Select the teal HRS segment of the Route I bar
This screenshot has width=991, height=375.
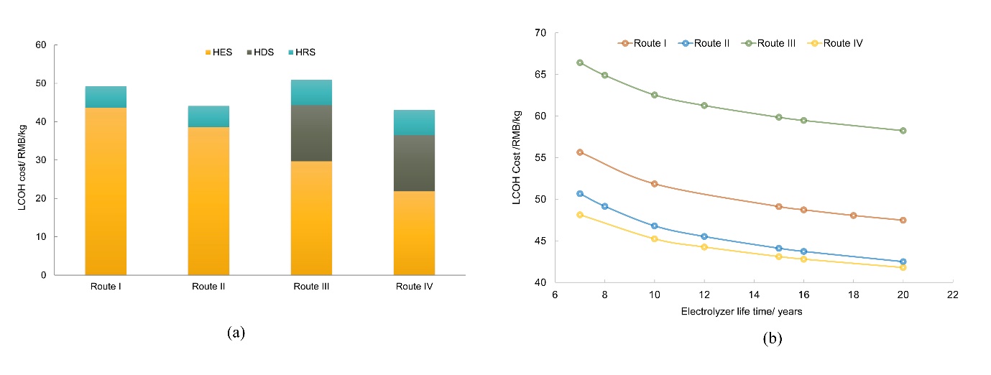[x=106, y=97]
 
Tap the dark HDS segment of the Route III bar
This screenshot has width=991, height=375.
[x=311, y=133]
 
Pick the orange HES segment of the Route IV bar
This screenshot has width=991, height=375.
[x=414, y=233]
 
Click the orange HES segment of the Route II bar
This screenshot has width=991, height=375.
[x=208, y=201]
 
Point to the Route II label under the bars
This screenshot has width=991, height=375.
[x=208, y=287]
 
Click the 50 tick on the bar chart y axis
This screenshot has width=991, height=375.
[x=41, y=83]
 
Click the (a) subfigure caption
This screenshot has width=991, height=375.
[x=236, y=333]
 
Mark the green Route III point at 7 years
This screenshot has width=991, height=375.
[x=580, y=62]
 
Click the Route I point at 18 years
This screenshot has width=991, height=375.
[x=853, y=216]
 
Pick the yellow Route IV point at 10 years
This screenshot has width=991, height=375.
[x=654, y=239]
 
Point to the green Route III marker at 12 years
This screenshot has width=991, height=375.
[x=704, y=106]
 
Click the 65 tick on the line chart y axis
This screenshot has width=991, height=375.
[x=540, y=75]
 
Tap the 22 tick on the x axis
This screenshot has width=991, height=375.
[x=952, y=295]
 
